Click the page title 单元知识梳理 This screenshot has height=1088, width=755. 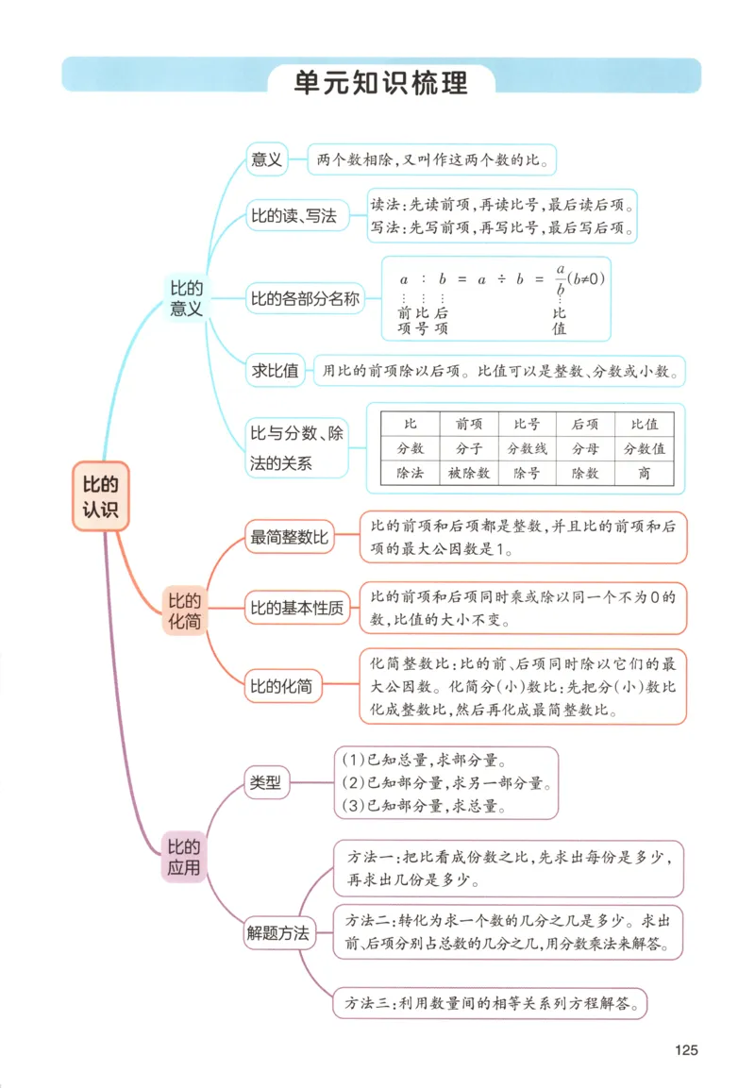click(380, 82)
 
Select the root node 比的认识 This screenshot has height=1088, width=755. click(100, 497)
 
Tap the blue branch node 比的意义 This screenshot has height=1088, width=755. click(186, 298)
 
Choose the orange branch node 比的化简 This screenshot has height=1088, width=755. click(184, 611)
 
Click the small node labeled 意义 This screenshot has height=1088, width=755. click(266, 159)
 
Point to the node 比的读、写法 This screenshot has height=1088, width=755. click(293, 216)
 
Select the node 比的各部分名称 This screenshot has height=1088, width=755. click(305, 300)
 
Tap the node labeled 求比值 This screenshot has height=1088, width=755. click(275, 371)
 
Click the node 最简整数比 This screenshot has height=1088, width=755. click(288, 539)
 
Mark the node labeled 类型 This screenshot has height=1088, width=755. click(264, 781)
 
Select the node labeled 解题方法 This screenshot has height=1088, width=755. click(277, 933)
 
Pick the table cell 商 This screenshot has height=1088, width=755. click(645, 474)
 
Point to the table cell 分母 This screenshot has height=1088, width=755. click(585, 449)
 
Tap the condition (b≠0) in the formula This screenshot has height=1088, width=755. click(586, 279)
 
